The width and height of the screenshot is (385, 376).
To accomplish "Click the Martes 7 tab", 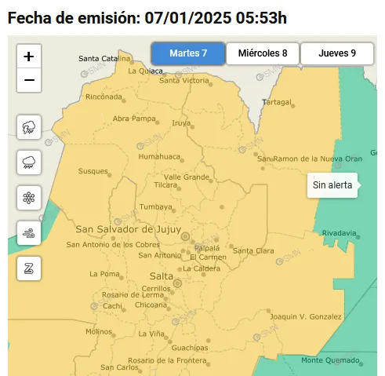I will [x=188, y=53].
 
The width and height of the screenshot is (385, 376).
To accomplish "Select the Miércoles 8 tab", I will [x=263, y=53].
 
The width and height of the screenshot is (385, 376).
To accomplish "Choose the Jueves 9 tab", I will [x=337, y=53].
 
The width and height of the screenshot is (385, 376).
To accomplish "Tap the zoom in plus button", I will [x=30, y=57].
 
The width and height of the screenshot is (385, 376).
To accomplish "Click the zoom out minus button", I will [x=30, y=79].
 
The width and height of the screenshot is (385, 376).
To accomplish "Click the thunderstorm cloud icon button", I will [x=30, y=126].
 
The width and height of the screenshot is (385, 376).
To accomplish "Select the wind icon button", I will [x=30, y=232].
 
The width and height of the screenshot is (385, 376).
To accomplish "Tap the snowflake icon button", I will [x=30, y=197].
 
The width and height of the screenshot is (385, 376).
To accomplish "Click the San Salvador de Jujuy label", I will [x=124, y=229].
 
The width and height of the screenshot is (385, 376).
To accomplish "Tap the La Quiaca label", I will [x=144, y=70].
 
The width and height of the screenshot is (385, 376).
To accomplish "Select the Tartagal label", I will [x=276, y=102].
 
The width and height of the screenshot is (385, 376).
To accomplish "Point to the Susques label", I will [x=93, y=171].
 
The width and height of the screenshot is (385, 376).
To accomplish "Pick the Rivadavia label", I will [x=340, y=233].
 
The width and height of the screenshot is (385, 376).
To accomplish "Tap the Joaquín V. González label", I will [x=305, y=316].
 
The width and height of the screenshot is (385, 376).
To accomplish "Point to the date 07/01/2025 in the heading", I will [x=189, y=16].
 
